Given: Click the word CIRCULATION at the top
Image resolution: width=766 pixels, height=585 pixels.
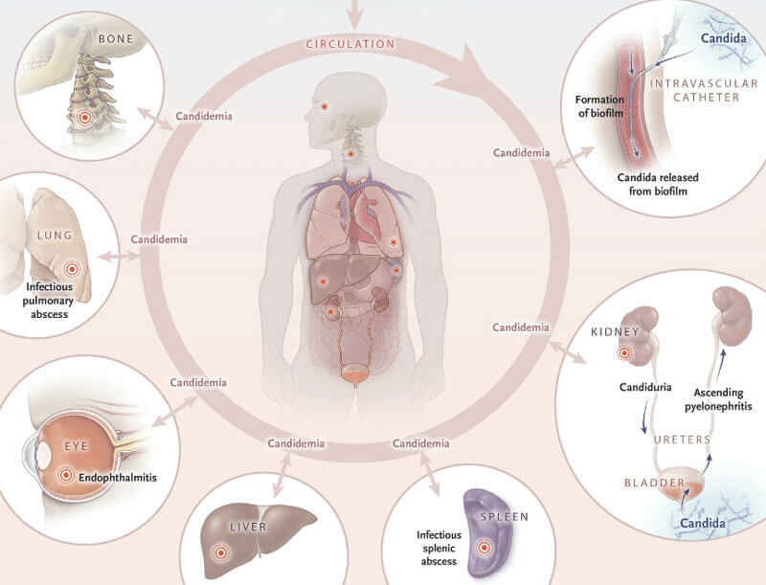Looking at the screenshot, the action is click(x=350, y=44).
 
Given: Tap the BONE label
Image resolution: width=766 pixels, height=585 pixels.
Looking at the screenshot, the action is click(x=116, y=38).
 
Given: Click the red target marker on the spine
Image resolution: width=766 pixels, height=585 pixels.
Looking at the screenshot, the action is click(x=85, y=117).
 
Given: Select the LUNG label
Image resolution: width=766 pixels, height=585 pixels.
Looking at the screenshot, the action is click(x=55, y=235).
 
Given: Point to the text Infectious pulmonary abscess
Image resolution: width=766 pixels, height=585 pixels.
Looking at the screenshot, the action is click(x=49, y=301).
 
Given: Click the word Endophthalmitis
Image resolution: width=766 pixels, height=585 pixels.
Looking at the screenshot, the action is click(x=118, y=477).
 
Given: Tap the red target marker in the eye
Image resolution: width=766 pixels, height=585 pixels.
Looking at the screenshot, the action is click(x=66, y=475).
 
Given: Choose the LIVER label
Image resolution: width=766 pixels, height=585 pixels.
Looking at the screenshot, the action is click(x=248, y=527).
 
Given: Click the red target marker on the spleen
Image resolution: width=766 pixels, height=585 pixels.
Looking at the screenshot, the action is click(x=484, y=548).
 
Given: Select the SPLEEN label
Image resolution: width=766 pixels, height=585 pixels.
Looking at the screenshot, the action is click(x=505, y=517).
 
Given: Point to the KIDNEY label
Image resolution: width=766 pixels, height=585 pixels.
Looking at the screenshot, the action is click(x=615, y=332).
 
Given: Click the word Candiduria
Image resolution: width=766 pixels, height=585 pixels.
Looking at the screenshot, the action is click(x=645, y=387).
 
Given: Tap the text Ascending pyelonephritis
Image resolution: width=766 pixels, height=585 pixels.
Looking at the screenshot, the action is click(x=718, y=399).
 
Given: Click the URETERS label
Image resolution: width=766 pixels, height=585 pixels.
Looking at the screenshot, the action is click(x=683, y=439).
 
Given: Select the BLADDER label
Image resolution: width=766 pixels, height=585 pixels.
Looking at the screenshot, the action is click(x=655, y=483).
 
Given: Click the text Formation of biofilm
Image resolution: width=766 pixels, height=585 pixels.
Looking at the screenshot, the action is click(x=600, y=106).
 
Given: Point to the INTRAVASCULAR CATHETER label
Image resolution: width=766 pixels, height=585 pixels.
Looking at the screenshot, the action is click(x=704, y=90).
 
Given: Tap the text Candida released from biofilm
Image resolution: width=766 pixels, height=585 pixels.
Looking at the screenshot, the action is click(x=658, y=184).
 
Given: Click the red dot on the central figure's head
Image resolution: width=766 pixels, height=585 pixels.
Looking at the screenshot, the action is click(x=325, y=106).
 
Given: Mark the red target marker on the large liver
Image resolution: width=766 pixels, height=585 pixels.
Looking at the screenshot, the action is click(x=220, y=552).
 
